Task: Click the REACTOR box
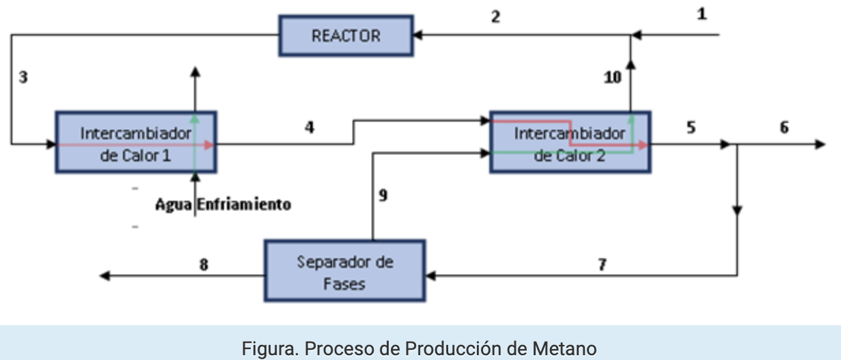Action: (346, 36)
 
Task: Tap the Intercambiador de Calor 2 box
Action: (570, 143)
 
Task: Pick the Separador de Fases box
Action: (345, 271)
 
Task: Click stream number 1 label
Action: (702, 14)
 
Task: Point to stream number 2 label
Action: (495, 17)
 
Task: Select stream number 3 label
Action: (23, 77)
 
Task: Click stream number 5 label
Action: (691, 127)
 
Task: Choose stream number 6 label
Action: (784, 127)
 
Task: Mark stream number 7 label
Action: (602, 265)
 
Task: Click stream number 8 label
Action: (204, 265)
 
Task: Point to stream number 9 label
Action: (383, 196)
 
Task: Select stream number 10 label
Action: (613, 78)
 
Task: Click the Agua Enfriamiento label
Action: (223, 204)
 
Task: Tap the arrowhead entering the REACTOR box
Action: (417, 36)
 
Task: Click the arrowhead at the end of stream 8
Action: (105, 276)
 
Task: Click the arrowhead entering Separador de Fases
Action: (430, 276)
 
